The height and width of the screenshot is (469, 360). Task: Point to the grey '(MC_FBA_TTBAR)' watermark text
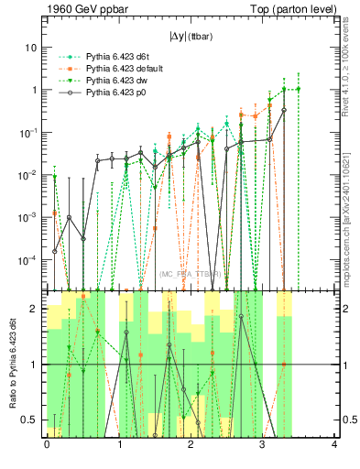pyautogui.click(x=191, y=274)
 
